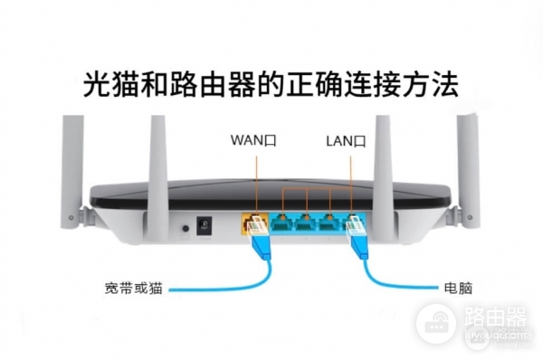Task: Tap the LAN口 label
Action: tap(345, 141)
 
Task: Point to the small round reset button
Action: tap(185, 225)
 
